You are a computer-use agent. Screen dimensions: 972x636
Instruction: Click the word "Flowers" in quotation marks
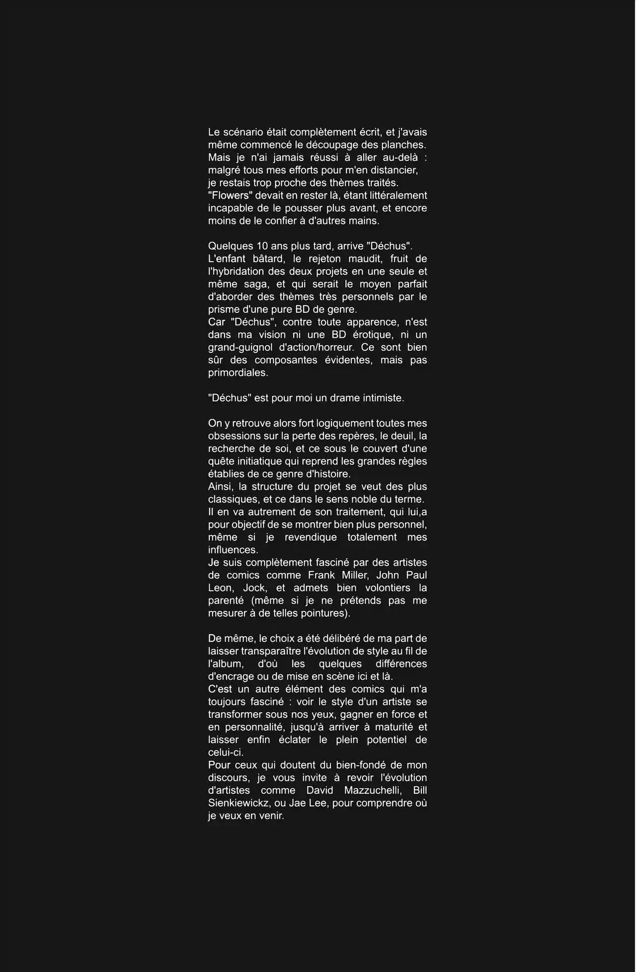tap(229, 196)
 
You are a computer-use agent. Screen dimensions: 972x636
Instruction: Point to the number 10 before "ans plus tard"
tap(262, 246)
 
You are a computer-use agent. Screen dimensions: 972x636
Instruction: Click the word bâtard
tap(268, 259)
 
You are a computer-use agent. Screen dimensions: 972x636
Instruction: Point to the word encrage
tap(233, 676)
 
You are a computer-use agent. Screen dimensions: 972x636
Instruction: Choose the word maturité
tap(388, 727)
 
